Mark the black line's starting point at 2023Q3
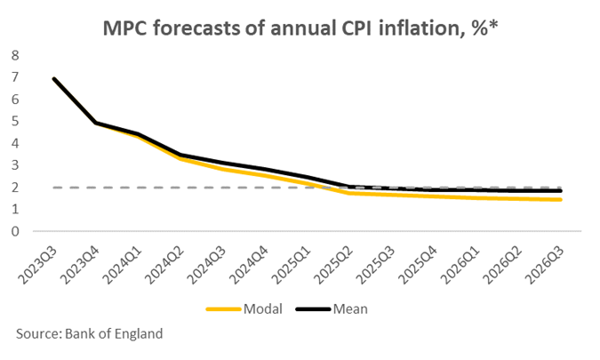tap(55, 79)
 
